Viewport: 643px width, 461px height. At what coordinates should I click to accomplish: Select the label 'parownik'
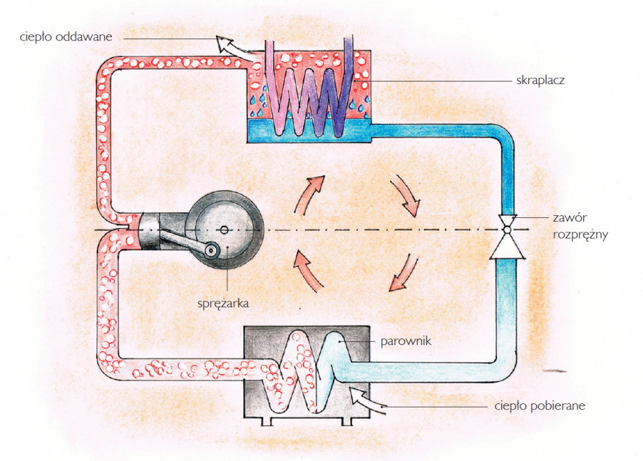pos(405,341)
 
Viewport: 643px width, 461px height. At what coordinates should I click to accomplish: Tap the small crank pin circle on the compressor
pos(211,250)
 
